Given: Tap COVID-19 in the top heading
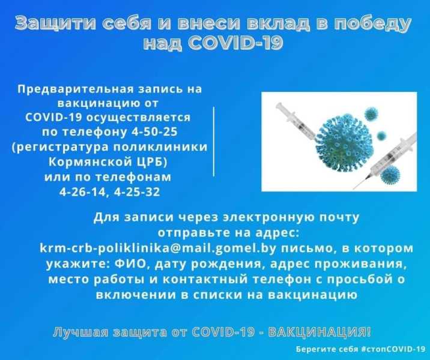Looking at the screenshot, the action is [235, 43].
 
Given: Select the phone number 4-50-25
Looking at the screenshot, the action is [154, 132].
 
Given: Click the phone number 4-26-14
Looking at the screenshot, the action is [82, 192].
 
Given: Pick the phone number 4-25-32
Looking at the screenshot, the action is [137, 192].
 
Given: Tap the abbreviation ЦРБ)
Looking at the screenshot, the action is [152, 162].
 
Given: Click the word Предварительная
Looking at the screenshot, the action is [70, 89].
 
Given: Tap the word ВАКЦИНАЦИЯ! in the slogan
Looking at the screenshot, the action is [319, 332].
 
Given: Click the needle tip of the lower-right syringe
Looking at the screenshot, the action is [354, 189].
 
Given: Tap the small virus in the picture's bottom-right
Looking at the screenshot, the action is [390, 174].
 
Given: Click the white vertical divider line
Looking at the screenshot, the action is [213, 142].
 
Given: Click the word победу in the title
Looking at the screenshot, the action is [372, 23].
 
